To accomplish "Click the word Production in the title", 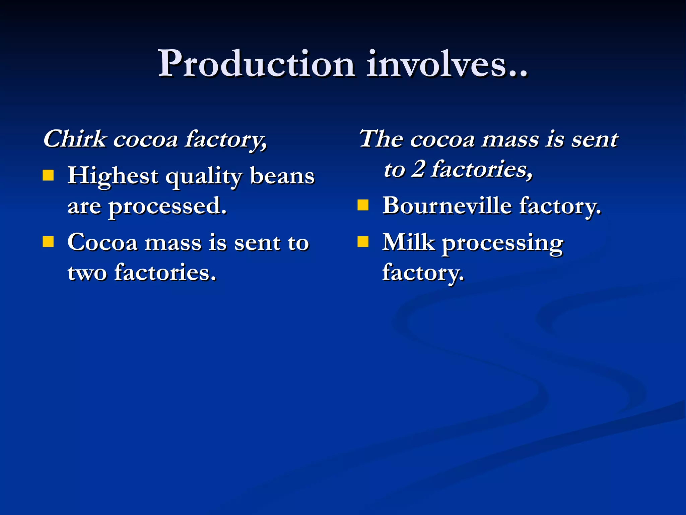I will pyautogui.click(x=256, y=64).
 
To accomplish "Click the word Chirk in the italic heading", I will pyautogui.click(x=74, y=139).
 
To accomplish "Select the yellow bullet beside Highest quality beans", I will pyautogui.click(x=48, y=175).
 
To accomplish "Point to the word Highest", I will pyautogui.click(x=113, y=176).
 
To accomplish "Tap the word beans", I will pyautogui.click(x=282, y=176).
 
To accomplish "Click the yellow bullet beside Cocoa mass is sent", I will pyautogui.click(x=48, y=242).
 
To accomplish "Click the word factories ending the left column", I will pyautogui.click(x=165, y=272).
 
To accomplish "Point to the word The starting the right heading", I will pyautogui.click(x=381, y=139).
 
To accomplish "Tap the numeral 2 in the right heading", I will pyautogui.click(x=418, y=169).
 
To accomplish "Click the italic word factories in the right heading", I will pyautogui.click(x=481, y=169).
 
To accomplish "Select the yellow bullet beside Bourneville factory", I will pyautogui.click(x=363, y=205).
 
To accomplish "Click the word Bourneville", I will pyautogui.click(x=447, y=206).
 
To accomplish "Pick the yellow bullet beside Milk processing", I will pyautogui.click(x=363, y=241).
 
